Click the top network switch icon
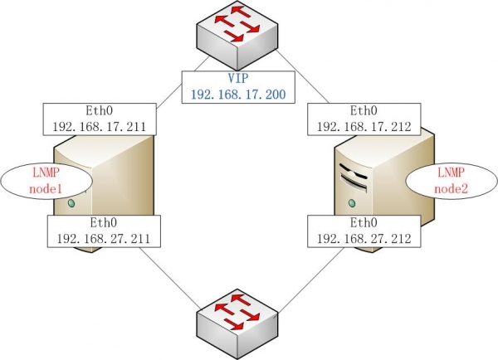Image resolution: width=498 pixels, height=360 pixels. coord(237,35)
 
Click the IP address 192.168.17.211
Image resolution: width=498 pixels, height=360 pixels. coord(99,126)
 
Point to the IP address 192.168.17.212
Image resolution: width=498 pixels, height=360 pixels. coord(363,126)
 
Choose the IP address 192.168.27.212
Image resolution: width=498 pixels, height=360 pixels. coord(363,237)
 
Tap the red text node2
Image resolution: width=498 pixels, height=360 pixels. coord(451,188)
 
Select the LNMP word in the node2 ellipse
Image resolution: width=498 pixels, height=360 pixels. coord(451,173)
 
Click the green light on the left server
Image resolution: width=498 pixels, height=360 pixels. coord(72,202)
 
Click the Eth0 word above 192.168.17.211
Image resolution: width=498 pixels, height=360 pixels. coord(99,110)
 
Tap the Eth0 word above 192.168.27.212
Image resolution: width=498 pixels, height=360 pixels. coord(363,222)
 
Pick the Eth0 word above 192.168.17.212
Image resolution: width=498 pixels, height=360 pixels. coord(363,110)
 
